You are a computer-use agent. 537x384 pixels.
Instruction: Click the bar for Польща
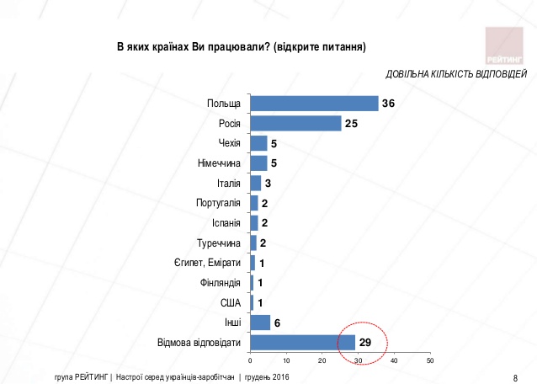pos(314,104)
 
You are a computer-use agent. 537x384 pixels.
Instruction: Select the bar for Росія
pos(295,124)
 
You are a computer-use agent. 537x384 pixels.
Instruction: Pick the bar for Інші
pos(260,323)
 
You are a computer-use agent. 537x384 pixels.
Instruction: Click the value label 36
pos(388,104)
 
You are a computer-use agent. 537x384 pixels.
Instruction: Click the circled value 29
pos(365,343)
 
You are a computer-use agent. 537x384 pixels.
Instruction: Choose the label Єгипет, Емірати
pos(207,263)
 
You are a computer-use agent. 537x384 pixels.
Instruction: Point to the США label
pos(231,303)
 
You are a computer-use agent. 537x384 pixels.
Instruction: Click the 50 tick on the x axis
pos(429,361)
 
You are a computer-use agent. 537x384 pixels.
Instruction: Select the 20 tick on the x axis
pos(322,361)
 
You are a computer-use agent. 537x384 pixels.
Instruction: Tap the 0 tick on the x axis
pos(251,361)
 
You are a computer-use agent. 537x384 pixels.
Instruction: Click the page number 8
pos(515,376)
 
